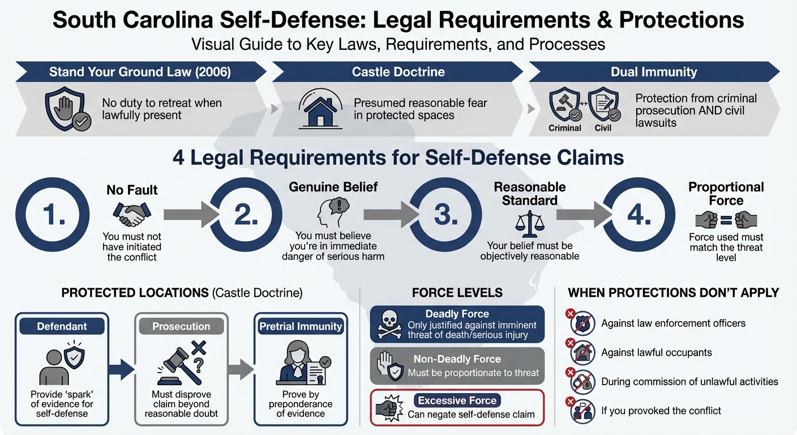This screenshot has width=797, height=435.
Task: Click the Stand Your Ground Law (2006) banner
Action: coord(140,72)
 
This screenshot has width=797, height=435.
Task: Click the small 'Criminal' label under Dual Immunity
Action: coord(564,128)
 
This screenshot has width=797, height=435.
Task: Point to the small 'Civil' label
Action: coord(603,128)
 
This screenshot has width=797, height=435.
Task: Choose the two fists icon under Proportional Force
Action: coord(726,219)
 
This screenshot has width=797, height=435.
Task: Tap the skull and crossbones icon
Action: coord(389,325)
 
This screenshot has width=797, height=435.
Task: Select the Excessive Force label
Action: coord(457,400)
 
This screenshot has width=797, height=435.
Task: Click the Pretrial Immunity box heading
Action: coord(300,326)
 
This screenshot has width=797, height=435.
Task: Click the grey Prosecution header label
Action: coord(181,326)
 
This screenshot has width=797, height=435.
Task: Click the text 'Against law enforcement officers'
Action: coord(673,323)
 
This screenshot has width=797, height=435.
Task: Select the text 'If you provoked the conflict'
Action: coord(661,410)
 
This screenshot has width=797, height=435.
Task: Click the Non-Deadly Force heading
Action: coord(457,359)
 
